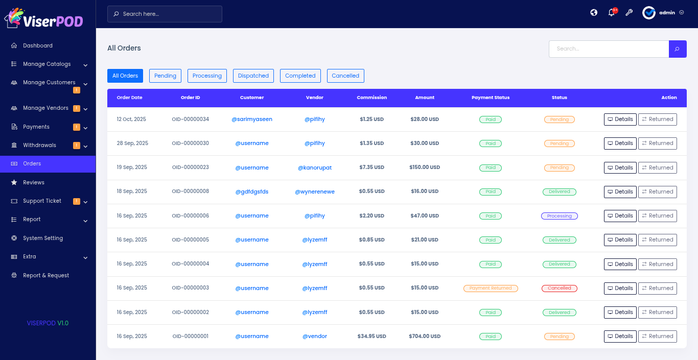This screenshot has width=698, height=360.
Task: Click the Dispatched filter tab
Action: tap(253, 76)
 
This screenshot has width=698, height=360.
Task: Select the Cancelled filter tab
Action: tap(345, 76)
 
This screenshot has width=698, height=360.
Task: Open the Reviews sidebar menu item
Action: tap(34, 182)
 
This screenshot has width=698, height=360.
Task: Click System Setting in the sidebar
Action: tap(43, 238)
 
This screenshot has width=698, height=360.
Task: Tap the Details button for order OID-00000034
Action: tap(620, 119)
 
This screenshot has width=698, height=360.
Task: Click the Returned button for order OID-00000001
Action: tap(657, 337)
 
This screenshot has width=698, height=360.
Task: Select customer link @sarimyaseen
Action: tap(252, 119)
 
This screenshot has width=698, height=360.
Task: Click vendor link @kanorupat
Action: tap(315, 167)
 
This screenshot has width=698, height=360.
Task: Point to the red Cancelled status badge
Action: tap(560, 289)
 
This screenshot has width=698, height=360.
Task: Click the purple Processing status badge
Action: tap(560, 216)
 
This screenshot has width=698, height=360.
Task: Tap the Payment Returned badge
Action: tap(491, 289)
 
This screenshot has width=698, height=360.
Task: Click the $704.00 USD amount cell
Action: tap(424, 337)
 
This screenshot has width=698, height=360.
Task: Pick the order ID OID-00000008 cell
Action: tap(190, 191)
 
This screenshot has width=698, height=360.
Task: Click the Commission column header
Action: tap(371, 98)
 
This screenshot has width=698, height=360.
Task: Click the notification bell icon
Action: tap(611, 13)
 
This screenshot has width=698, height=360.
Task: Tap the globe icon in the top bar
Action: tap(594, 13)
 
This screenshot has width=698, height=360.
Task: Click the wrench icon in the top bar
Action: tap(629, 13)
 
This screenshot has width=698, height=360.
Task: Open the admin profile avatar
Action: tap(649, 13)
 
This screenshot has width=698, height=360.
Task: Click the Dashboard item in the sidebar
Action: tap(38, 45)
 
